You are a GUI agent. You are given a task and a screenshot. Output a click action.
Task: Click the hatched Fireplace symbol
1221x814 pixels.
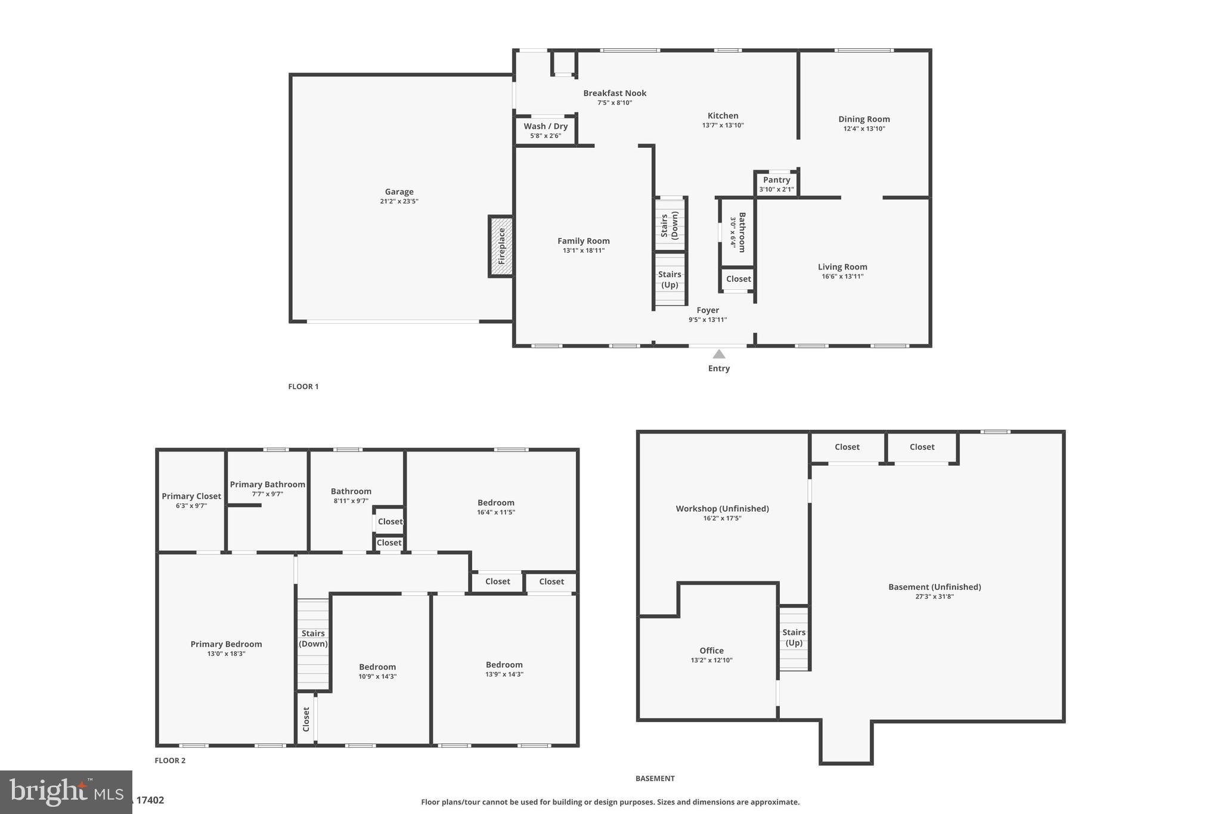click(x=501, y=246)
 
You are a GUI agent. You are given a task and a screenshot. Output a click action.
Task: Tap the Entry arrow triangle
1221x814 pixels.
click(x=719, y=354)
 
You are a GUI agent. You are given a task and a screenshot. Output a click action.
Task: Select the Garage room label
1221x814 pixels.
click(x=399, y=191)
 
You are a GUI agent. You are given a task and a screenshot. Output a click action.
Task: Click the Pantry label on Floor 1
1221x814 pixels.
click(x=776, y=179)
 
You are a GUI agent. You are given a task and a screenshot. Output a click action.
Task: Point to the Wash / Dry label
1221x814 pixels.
click(x=546, y=126)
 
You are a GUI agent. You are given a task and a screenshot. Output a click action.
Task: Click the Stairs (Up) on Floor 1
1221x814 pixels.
click(x=670, y=279)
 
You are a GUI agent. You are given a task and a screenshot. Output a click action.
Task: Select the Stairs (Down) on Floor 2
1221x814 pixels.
click(x=313, y=638)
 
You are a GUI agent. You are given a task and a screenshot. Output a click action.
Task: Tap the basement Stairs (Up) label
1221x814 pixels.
click(x=794, y=637)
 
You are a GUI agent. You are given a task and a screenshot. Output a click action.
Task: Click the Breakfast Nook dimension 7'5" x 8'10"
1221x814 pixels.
click(x=615, y=103)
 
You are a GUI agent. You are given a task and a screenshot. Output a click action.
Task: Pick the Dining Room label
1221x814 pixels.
click(x=864, y=119)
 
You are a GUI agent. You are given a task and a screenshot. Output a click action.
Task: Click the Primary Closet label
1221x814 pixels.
click(x=191, y=496)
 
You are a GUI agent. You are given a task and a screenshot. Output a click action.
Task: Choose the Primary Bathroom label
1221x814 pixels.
click(x=268, y=484)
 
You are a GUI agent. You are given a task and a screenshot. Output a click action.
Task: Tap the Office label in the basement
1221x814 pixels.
click(x=711, y=650)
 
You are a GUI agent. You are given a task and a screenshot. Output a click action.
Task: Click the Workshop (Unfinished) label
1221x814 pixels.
click(x=722, y=508)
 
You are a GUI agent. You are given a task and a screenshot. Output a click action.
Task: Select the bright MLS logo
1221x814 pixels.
click(x=66, y=792)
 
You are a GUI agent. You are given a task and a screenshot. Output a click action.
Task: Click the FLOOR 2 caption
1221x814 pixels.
click(x=170, y=760)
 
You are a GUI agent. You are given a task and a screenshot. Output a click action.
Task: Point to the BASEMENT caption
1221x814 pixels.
click(x=655, y=778)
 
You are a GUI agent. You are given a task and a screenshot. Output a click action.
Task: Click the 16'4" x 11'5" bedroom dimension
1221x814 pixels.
click(x=495, y=512)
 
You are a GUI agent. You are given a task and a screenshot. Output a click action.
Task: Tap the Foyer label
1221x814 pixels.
click(x=708, y=309)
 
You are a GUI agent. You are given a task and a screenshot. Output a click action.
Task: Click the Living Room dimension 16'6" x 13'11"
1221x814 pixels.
click(x=842, y=276)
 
